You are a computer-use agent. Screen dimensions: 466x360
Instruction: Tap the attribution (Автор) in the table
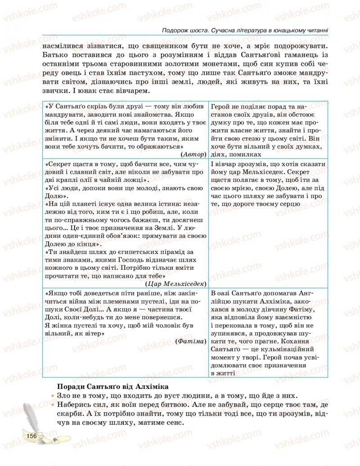pyautogui.click(x=194, y=154)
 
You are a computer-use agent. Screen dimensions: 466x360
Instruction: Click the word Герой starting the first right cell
pyautogui.click(x=220, y=106)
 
